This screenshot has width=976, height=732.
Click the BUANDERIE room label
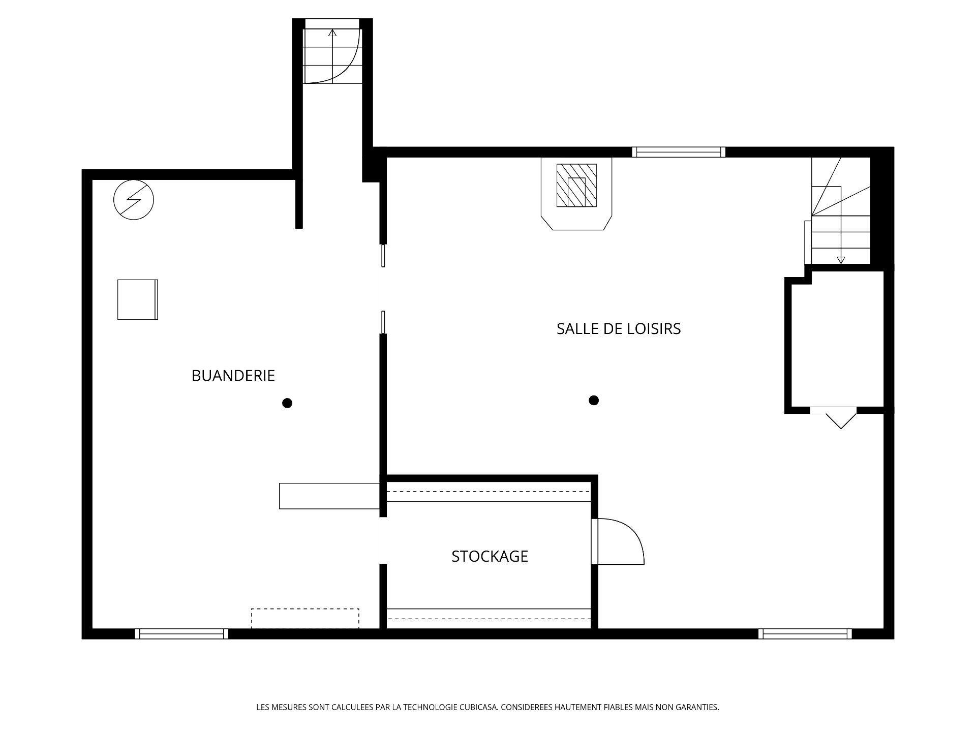(233, 376)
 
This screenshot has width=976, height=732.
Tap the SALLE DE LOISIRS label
(619, 329)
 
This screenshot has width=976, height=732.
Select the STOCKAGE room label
(490, 557)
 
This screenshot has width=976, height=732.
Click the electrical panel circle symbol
(134, 200)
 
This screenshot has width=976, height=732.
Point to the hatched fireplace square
(576, 186)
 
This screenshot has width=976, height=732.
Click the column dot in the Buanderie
(287, 404)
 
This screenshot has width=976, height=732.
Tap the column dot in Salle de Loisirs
(594, 401)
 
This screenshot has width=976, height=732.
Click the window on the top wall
(679, 152)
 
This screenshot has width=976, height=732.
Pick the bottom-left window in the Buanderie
(181, 634)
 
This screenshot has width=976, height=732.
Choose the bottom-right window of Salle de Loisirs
(805, 634)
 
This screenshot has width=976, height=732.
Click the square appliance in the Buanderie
(138, 300)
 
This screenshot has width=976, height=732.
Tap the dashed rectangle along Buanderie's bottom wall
(305, 619)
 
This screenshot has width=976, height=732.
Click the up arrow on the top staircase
(332, 56)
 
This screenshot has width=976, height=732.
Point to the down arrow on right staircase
(841, 239)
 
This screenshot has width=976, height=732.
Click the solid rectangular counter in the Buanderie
(329, 496)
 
